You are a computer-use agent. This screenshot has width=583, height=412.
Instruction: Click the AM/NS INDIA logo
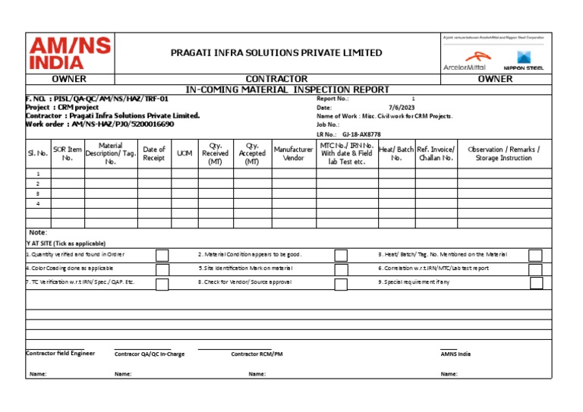point(68,53)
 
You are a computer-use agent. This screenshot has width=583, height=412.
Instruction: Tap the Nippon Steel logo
point(524,60)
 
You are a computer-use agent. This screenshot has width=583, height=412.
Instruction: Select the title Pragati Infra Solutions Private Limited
point(276,53)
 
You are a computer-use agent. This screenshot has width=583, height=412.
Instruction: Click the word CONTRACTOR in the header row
point(276,79)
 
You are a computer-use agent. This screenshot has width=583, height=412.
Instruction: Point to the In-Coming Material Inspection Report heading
point(287,89)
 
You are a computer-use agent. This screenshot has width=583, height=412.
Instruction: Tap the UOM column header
point(184,154)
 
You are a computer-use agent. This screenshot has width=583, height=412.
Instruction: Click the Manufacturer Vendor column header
point(294,154)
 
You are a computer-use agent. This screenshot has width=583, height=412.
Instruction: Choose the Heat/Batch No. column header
point(396,154)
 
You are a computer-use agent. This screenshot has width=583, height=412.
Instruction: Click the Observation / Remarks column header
point(503,154)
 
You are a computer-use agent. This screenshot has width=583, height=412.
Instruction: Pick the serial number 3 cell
point(38,193)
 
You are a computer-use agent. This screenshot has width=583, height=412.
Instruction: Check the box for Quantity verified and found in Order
point(162,255)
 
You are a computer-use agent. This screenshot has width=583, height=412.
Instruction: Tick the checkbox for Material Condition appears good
point(341,255)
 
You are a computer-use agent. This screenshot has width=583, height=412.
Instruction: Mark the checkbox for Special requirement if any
point(536,282)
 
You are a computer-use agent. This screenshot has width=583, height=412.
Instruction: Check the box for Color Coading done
point(162,269)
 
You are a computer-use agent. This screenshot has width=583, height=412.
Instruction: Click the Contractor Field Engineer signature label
point(61,354)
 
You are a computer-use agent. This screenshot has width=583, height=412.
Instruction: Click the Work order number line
point(100,124)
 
